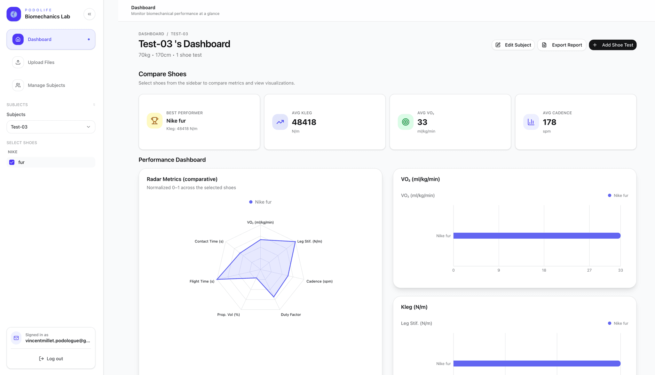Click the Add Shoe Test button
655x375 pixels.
click(612, 45)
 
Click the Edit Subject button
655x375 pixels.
click(513, 45)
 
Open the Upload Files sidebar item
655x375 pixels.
click(41, 62)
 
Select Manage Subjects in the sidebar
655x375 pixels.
click(46, 85)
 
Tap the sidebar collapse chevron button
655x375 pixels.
click(90, 14)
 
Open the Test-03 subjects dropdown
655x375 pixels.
click(51, 127)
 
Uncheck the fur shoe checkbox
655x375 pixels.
click(12, 163)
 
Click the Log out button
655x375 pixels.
click(51, 359)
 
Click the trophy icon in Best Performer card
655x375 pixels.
click(154, 121)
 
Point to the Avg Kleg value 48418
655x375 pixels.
click(304, 122)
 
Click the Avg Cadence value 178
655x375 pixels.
click(549, 122)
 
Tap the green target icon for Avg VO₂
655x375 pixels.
click(406, 122)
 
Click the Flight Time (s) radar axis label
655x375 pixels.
click(202, 282)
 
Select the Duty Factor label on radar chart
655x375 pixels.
click(291, 315)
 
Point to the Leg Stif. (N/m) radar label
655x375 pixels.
click(310, 242)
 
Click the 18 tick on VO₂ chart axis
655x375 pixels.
click(544, 270)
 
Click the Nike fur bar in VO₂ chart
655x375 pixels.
click(537, 236)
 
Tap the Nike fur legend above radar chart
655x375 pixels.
click(260, 202)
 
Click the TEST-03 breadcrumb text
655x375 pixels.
click(179, 34)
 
